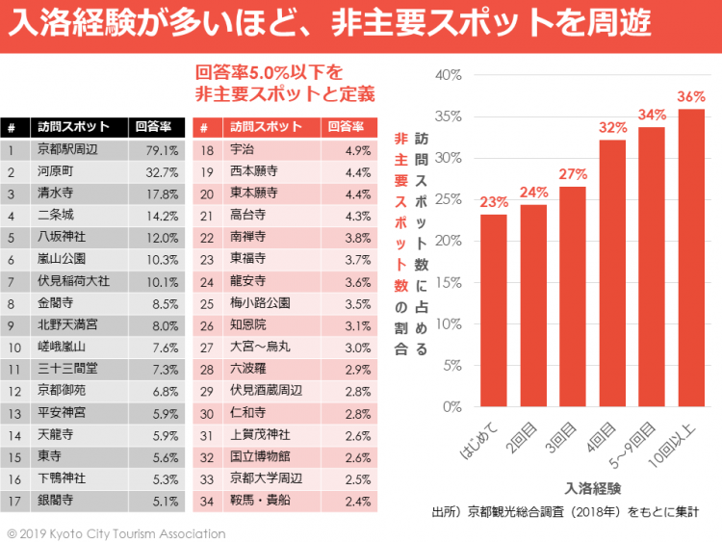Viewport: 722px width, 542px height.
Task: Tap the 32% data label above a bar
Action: coord(612,127)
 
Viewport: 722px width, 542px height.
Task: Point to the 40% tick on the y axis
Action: coord(449,75)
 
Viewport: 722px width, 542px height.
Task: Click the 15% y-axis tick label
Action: coord(449,282)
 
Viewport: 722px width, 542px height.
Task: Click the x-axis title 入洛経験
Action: coord(593,487)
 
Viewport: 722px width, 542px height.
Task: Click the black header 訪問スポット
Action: coord(68,127)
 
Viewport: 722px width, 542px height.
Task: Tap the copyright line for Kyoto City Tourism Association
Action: coord(116,532)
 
